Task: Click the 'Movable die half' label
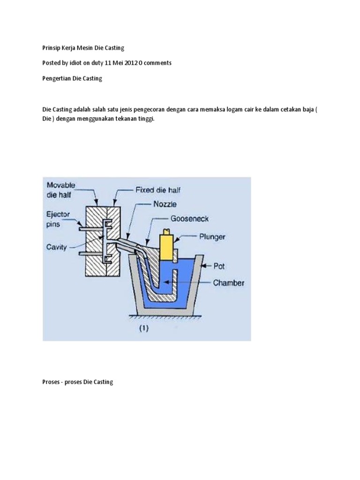[x=61, y=190]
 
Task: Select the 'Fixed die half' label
[x=158, y=190]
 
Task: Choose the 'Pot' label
[x=219, y=266]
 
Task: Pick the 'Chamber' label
[x=228, y=283]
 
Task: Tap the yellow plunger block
[x=167, y=244]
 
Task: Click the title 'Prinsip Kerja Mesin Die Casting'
[x=83, y=48]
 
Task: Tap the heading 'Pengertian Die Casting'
[x=72, y=78]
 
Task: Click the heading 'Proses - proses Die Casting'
[x=78, y=382]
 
